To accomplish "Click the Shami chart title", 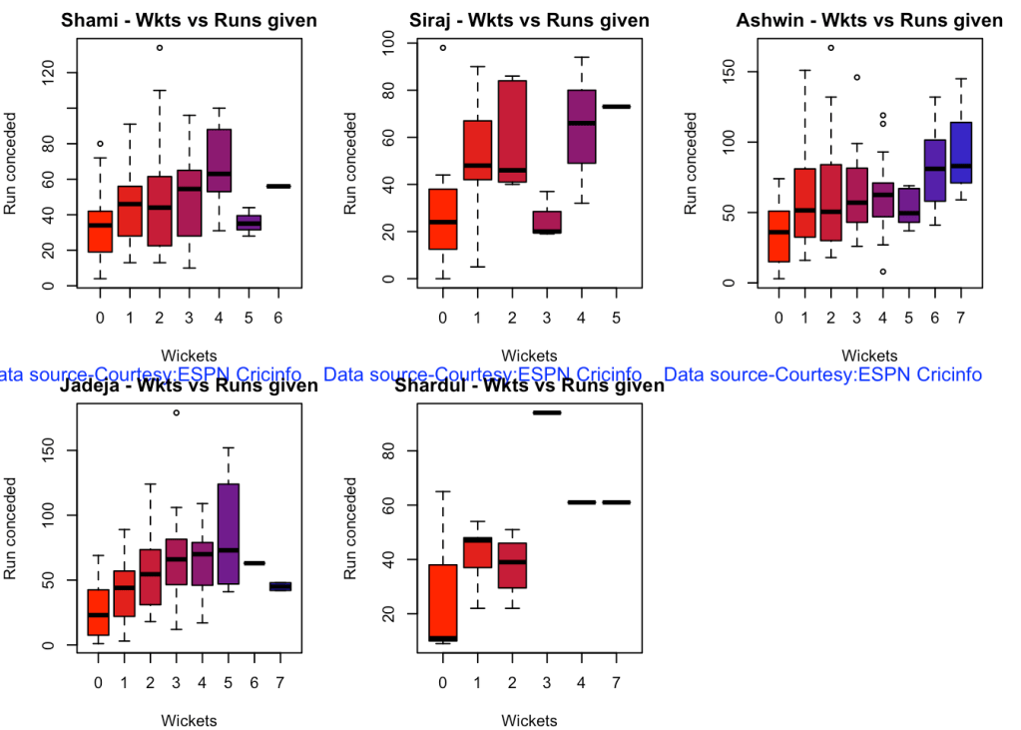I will pyautogui.click(x=189, y=21).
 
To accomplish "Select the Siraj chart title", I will pyautogui.click(x=529, y=21).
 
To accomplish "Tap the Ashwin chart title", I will pyautogui.click(x=869, y=21).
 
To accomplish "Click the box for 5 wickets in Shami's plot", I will pyautogui.click(x=249, y=222).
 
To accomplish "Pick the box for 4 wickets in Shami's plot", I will pyautogui.click(x=219, y=160).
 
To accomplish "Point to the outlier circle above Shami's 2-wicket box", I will pyautogui.click(x=160, y=47).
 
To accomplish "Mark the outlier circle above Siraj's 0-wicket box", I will pyautogui.click(x=442, y=47).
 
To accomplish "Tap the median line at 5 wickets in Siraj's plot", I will pyautogui.click(x=616, y=106).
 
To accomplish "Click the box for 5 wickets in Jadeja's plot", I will pyautogui.click(x=228, y=533).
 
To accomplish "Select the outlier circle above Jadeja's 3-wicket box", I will pyautogui.click(x=176, y=412).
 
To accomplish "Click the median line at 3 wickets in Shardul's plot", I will pyautogui.click(x=546, y=412).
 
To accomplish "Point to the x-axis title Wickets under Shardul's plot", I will pyautogui.click(x=529, y=720).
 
